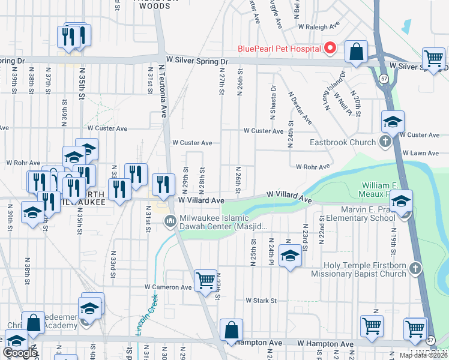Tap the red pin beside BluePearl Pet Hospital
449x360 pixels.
[x=330, y=49]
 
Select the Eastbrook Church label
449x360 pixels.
[x=342, y=142]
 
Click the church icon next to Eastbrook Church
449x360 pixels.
[x=385, y=142]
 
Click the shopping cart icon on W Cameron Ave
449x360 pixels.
[x=206, y=280]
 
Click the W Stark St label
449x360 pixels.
[x=261, y=300]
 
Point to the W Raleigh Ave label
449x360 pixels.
[x=318, y=26]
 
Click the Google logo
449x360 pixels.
[x=20, y=353]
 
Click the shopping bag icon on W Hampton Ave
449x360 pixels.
[x=231, y=329]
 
